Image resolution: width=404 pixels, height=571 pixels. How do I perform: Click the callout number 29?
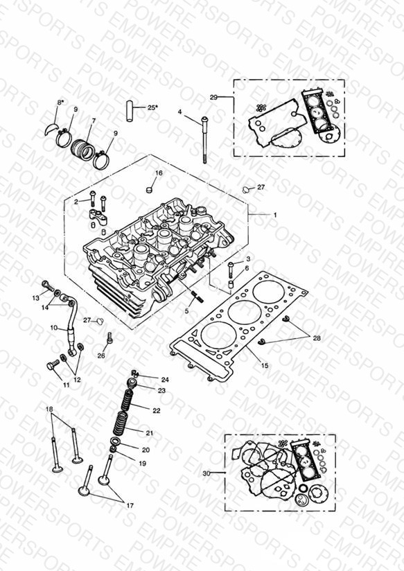[x=214, y=97]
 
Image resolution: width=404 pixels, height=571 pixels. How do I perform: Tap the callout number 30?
[x=207, y=473]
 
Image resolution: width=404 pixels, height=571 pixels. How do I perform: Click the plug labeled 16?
[x=148, y=189]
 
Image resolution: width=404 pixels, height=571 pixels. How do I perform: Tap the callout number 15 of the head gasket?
[x=265, y=365]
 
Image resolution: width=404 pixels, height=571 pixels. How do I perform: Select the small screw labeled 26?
[x=109, y=339]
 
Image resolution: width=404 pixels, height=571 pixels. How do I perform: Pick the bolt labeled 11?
[x=53, y=364]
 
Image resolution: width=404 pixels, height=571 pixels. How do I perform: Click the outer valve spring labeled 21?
[x=121, y=423]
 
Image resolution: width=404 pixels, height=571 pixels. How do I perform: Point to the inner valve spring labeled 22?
[x=128, y=398]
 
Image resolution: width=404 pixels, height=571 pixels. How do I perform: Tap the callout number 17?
[x=130, y=505]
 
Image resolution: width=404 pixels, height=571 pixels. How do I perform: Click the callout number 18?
[x=49, y=409]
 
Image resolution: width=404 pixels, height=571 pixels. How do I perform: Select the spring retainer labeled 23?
[x=132, y=383]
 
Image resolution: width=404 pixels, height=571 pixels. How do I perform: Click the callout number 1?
[x=275, y=215]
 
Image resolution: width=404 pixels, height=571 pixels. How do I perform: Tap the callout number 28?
[x=317, y=338]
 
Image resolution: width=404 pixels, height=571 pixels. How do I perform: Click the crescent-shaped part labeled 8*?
[x=51, y=129]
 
